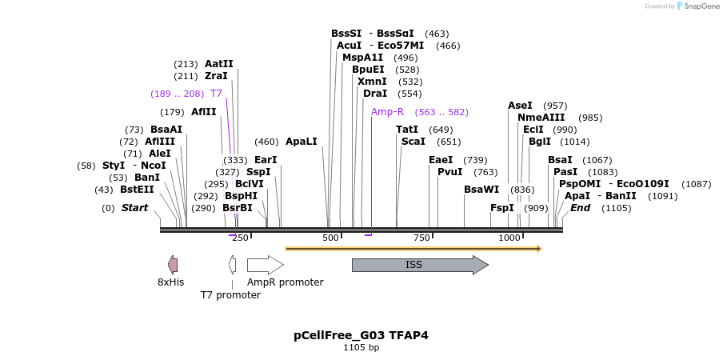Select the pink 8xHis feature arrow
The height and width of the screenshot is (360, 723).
click(x=173, y=265)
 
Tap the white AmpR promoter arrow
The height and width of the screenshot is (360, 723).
click(x=265, y=265)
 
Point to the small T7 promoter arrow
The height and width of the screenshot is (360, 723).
click(x=232, y=265)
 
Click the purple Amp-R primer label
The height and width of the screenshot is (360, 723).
click(x=387, y=112)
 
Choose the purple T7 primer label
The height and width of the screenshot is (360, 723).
click(x=216, y=94)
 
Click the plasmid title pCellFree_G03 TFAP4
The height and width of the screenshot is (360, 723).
click(x=361, y=335)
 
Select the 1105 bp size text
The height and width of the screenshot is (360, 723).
click(x=361, y=348)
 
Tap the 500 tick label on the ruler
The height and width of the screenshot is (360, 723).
click(x=331, y=238)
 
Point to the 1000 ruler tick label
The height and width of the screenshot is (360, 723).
click(x=509, y=238)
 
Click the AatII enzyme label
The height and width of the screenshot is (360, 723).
click(x=219, y=64)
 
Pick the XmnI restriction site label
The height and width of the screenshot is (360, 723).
click(x=372, y=82)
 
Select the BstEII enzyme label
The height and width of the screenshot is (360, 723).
click(x=137, y=190)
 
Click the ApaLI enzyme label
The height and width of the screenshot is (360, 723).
click(x=302, y=142)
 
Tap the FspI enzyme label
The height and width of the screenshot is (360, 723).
click(x=502, y=208)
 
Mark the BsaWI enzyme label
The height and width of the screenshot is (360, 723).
click(x=481, y=190)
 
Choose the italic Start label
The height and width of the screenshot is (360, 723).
click(x=134, y=208)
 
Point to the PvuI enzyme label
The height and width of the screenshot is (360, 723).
click(x=450, y=172)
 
